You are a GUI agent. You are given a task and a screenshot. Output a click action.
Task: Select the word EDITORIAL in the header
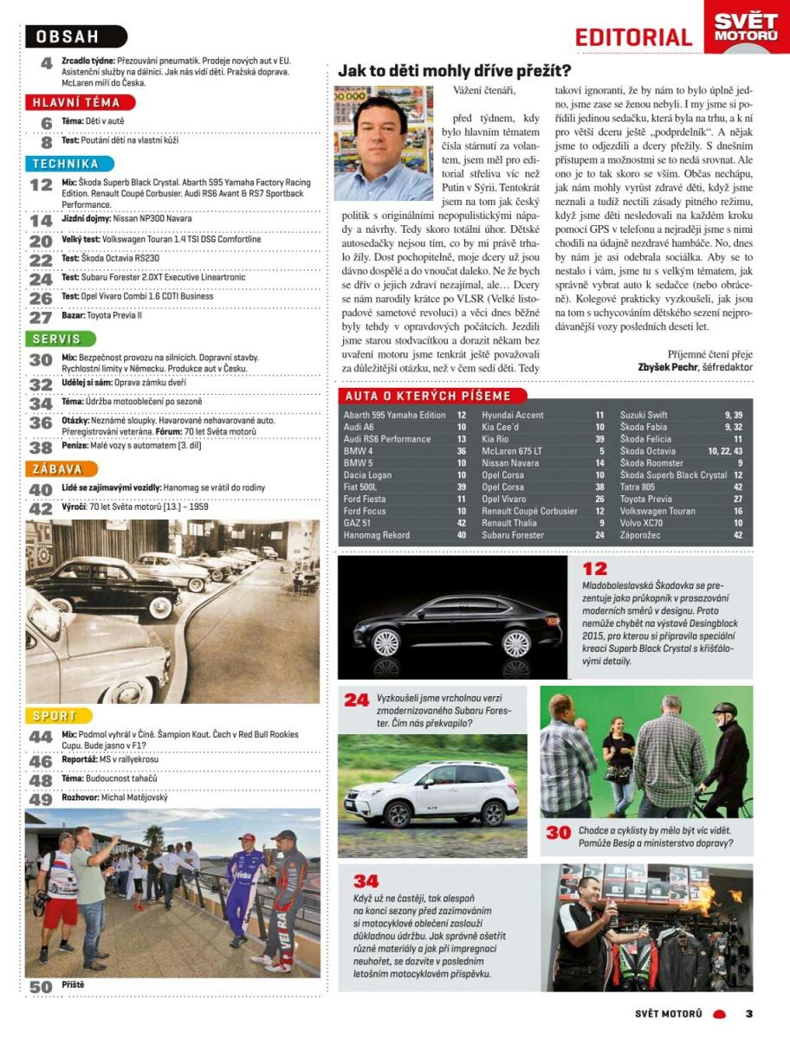[x=633, y=37]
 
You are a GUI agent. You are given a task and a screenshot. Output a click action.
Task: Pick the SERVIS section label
[x=58, y=339]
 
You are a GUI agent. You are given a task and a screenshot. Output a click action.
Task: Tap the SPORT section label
[x=55, y=715]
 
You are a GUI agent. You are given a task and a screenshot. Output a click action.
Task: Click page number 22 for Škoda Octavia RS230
[x=41, y=259]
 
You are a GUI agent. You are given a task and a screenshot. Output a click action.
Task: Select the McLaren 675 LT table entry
[x=512, y=451]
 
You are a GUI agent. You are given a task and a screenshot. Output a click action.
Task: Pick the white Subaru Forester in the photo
[x=431, y=791]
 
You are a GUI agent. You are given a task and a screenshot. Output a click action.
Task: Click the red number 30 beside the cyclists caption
[x=558, y=832]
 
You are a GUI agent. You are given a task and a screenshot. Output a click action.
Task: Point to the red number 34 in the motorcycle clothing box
[x=366, y=881]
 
